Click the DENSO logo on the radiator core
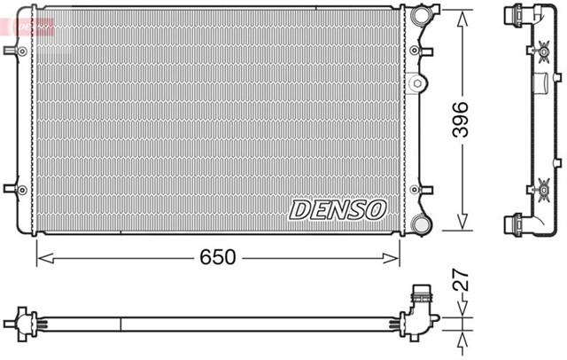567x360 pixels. pyautogui.click(x=338, y=209)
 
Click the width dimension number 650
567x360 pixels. pyautogui.click(x=217, y=257)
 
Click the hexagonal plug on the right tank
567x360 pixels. pyautogui.click(x=416, y=85)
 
